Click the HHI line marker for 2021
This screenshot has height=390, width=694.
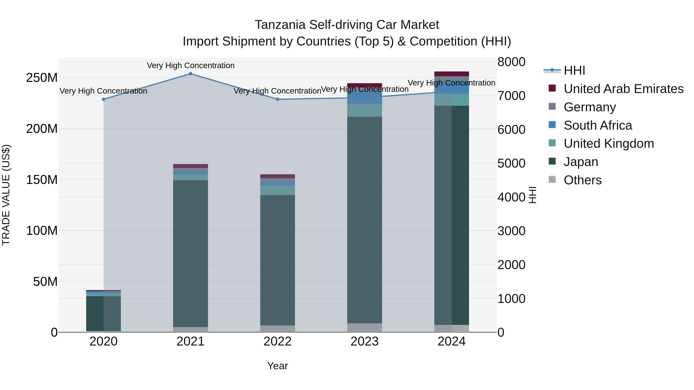click(190, 74)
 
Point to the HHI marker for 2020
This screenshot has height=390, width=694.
click(104, 99)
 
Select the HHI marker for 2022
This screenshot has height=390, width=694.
click(277, 99)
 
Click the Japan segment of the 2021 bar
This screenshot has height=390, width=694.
click(190, 253)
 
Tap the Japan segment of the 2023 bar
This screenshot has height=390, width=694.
click(365, 219)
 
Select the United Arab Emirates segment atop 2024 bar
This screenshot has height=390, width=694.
click(451, 74)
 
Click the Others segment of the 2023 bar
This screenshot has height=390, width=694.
click(365, 328)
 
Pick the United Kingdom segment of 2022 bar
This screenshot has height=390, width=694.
click(277, 190)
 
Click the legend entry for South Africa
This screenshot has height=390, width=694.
click(598, 125)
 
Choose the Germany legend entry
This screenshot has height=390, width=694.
click(590, 107)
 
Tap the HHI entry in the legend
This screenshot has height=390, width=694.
click(574, 70)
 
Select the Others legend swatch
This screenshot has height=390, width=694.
click(552, 179)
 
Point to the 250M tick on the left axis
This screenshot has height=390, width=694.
click(42, 78)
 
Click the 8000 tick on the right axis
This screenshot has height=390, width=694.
click(511, 62)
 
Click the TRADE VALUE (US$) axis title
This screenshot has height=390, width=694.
click(6, 195)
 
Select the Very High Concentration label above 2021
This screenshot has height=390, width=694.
click(190, 66)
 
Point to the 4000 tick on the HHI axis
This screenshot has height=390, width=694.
click(511, 197)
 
